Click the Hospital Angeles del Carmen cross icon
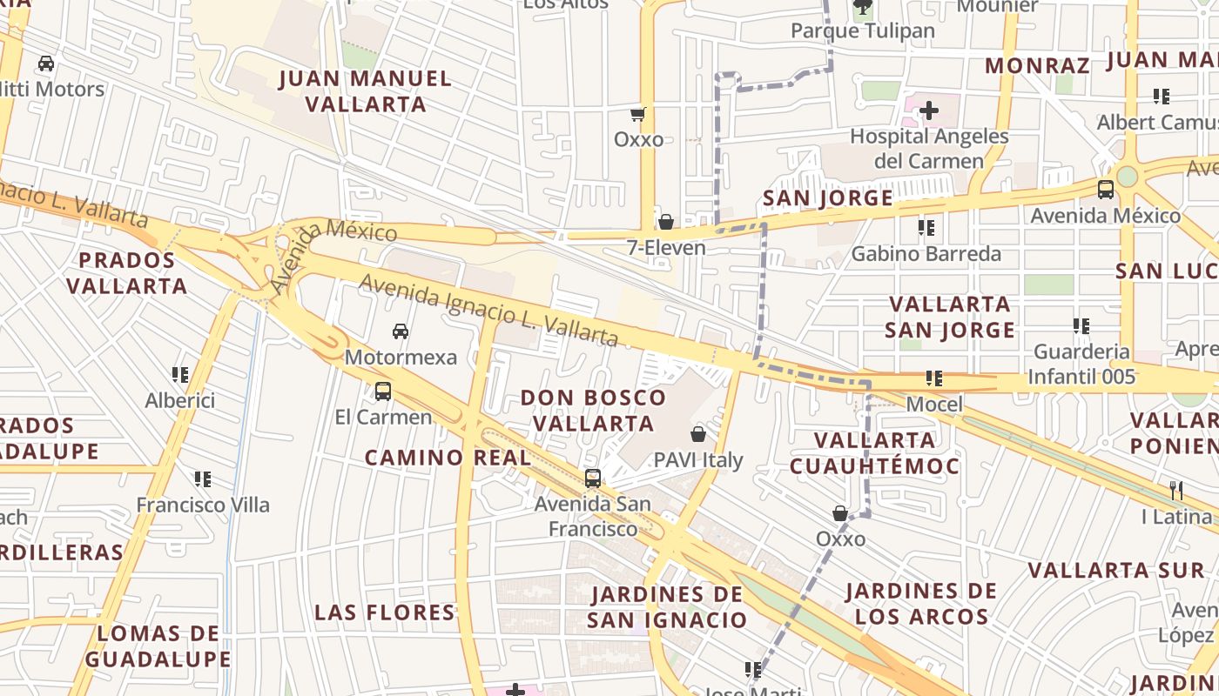(x=929, y=110)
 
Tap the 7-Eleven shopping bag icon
(x=666, y=222)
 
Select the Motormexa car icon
(x=401, y=331)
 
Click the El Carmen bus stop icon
(x=383, y=391)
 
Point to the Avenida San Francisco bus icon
(x=593, y=478)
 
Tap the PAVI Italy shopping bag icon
(x=698, y=433)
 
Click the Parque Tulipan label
(x=862, y=31)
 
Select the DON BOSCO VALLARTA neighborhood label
(x=593, y=410)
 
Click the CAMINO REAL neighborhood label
(x=448, y=458)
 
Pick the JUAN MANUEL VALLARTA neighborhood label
(x=365, y=91)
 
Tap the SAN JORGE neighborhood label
(x=828, y=198)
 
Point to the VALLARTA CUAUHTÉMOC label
(x=874, y=452)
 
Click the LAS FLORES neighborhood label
(x=385, y=612)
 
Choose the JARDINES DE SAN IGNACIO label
(x=667, y=607)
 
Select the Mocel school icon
(x=934, y=378)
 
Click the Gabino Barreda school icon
(x=926, y=228)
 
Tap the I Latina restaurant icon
(x=1176, y=491)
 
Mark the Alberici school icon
(x=180, y=375)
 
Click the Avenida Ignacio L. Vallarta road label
(x=488, y=310)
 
